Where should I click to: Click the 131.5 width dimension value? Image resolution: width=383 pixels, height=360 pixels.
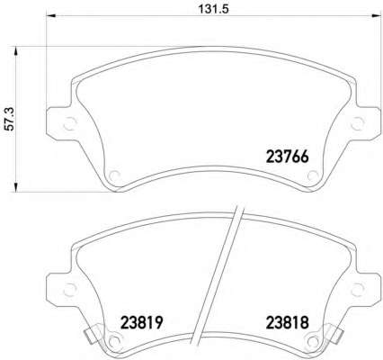point(214,9)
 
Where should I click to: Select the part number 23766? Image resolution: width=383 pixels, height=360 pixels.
point(287,157)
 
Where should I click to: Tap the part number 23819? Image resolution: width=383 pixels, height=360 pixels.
point(141,323)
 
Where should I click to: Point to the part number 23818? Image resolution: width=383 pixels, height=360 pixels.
point(287,323)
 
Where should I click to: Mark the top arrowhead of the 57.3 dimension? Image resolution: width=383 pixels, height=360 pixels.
point(16,52)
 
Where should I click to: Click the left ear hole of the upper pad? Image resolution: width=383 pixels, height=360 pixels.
point(70,123)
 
